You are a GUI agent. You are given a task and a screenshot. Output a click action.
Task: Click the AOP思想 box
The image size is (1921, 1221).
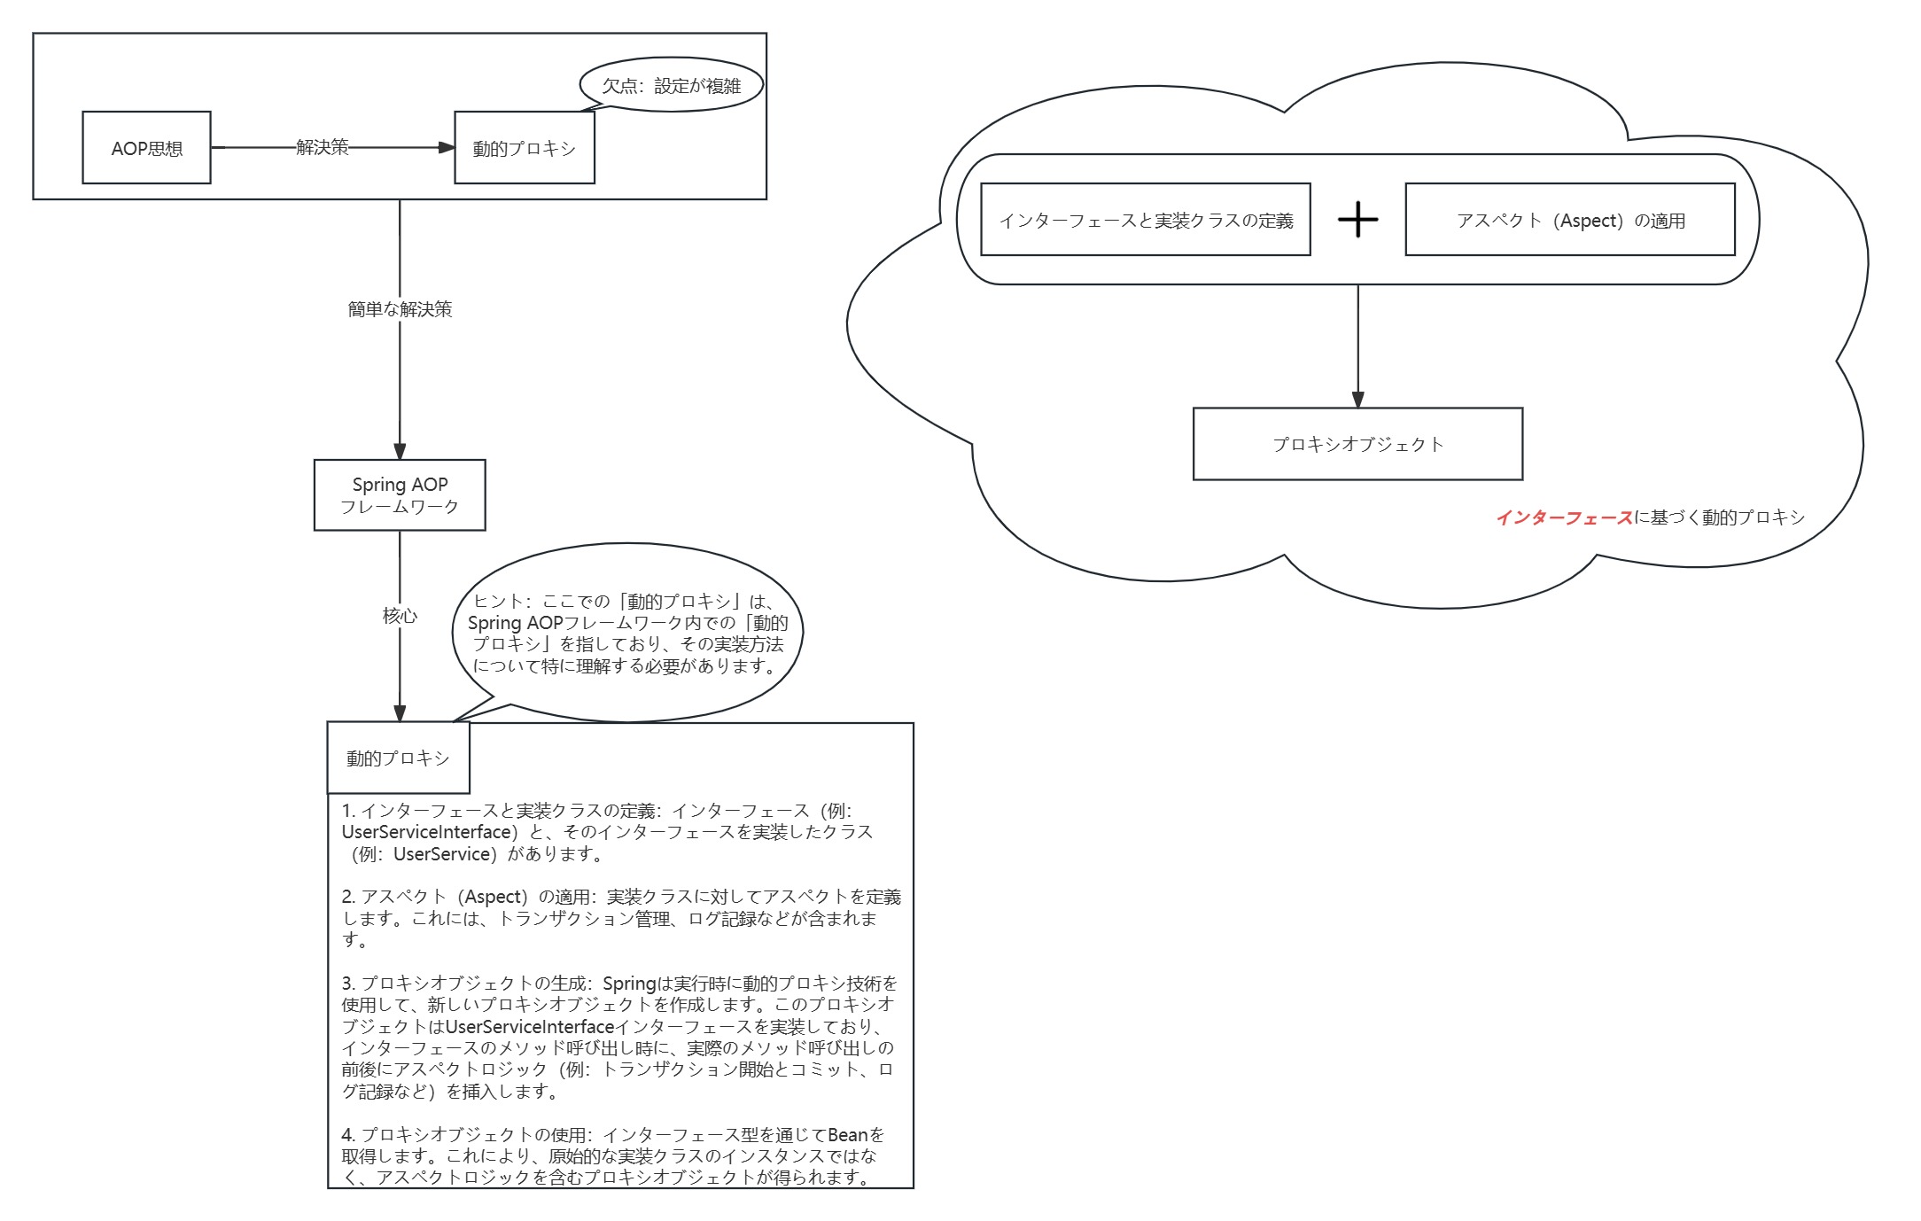click(x=146, y=148)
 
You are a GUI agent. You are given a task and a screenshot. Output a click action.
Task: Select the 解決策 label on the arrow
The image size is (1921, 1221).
click(x=323, y=147)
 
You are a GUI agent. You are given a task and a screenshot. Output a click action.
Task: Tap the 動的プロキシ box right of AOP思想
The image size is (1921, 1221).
click(x=524, y=148)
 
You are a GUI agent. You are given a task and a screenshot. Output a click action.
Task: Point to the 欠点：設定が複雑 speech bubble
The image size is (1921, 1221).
click(x=671, y=86)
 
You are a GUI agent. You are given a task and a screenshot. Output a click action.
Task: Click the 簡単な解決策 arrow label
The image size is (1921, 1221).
click(x=400, y=309)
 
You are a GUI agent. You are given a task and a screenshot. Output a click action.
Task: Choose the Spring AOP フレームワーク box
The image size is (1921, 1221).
click(x=400, y=495)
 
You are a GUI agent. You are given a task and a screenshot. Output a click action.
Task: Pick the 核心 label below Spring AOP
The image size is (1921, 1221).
click(x=400, y=615)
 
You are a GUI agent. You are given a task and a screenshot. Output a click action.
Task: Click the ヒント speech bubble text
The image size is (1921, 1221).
click(x=626, y=634)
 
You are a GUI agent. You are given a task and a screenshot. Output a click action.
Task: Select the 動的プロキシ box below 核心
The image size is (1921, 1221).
click(x=398, y=758)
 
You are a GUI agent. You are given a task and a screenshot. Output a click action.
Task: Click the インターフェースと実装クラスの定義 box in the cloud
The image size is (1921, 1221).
click(x=1145, y=220)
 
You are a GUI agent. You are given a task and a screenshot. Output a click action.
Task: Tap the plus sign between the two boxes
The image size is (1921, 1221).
click(x=1357, y=219)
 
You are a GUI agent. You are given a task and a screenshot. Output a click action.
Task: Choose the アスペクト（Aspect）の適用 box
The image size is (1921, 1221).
click(x=1569, y=220)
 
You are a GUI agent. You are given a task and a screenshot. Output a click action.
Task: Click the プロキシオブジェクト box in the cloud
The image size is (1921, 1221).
click(x=1357, y=444)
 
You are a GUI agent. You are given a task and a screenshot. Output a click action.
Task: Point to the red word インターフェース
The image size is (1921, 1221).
click(x=1564, y=517)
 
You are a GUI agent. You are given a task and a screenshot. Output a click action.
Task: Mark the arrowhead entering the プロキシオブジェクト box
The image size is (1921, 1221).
click(x=1357, y=400)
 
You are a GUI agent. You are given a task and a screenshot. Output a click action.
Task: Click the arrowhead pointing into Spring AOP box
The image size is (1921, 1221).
click(x=400, y=451)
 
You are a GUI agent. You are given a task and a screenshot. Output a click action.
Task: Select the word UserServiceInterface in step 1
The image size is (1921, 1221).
click(x=426, y=832)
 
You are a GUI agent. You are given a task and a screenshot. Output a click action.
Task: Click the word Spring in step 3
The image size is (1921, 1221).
click(x=629, y=984)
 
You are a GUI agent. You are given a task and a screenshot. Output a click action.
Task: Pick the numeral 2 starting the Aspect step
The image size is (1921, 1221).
click(x=347, y=897)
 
